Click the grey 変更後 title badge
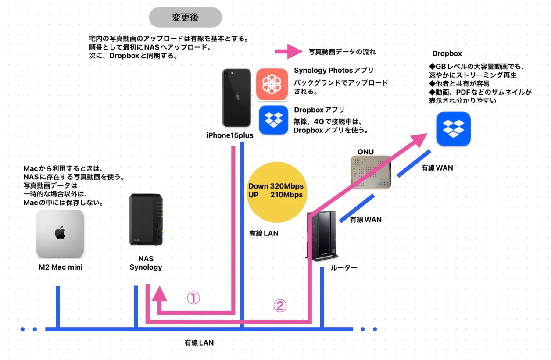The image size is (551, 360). (185, 18)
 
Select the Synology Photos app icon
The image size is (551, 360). (272, 85)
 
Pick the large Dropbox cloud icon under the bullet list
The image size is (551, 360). (453, 129)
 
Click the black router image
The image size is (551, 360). (322, 237)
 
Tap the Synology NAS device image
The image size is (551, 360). (146, 220)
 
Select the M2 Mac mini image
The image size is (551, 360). (60, 234)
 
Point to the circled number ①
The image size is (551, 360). (193, 299)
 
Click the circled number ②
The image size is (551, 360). (280, 306)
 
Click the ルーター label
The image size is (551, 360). (344, 267)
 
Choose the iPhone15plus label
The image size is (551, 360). (230, 135)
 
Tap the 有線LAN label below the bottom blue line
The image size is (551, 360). (199, 343)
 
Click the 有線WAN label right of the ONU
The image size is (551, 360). (437, 168)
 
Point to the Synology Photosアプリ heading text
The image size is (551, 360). (333, 70)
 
